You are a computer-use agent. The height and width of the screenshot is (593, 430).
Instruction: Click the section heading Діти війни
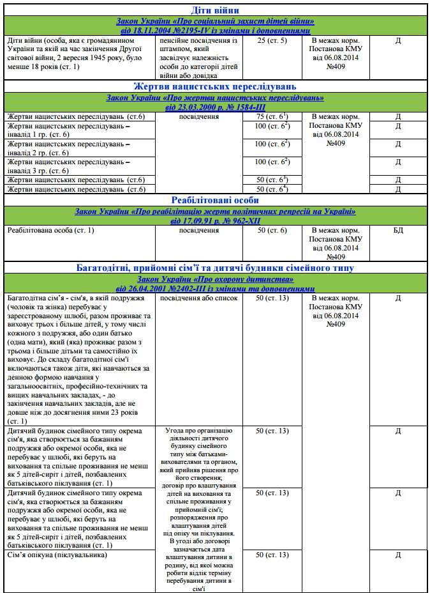tap(215, 10)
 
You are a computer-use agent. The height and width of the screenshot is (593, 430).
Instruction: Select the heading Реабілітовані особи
tap(215, 200)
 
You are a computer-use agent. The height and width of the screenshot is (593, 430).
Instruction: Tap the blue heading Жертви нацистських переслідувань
tap(215, 86)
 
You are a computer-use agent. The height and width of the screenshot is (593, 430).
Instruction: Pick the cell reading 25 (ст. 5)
tap(272, 40)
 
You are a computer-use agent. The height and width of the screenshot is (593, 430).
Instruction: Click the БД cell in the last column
tap(397, 229)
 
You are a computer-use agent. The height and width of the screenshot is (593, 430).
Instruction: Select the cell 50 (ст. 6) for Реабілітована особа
tap(272, 229)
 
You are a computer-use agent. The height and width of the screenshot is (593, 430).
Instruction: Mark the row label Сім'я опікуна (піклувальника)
tap(58, 555)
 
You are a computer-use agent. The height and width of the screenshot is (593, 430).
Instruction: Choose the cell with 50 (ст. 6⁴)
tap(272, 189)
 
